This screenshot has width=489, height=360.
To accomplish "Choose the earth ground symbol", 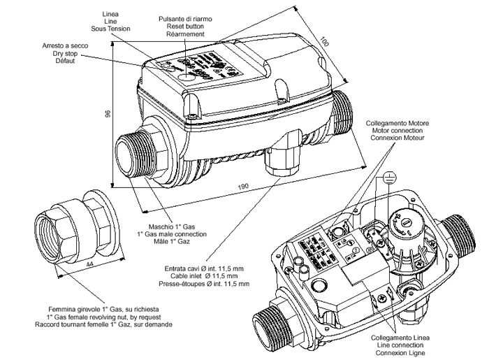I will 388,178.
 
